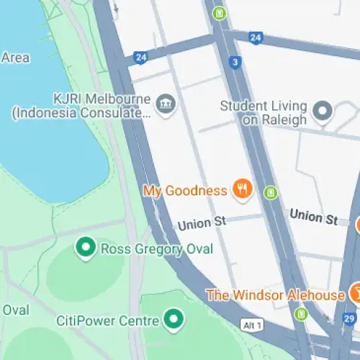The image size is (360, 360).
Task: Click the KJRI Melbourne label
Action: [100, 99]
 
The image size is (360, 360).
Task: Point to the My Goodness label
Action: [185, 191]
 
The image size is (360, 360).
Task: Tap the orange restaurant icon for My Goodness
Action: [242, 190]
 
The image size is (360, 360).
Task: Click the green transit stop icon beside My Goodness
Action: [270, 192]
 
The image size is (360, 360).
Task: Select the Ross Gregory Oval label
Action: [157, 249]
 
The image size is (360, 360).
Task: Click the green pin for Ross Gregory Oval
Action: [86, 248]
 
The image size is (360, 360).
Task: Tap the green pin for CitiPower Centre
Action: [173, 318]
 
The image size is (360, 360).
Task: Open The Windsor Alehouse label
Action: [275, 295]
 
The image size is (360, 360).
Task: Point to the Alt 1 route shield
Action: [251, 325]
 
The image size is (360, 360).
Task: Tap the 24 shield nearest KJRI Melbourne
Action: [140, 57]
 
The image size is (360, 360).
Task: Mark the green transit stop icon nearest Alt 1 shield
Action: [301, 314]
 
